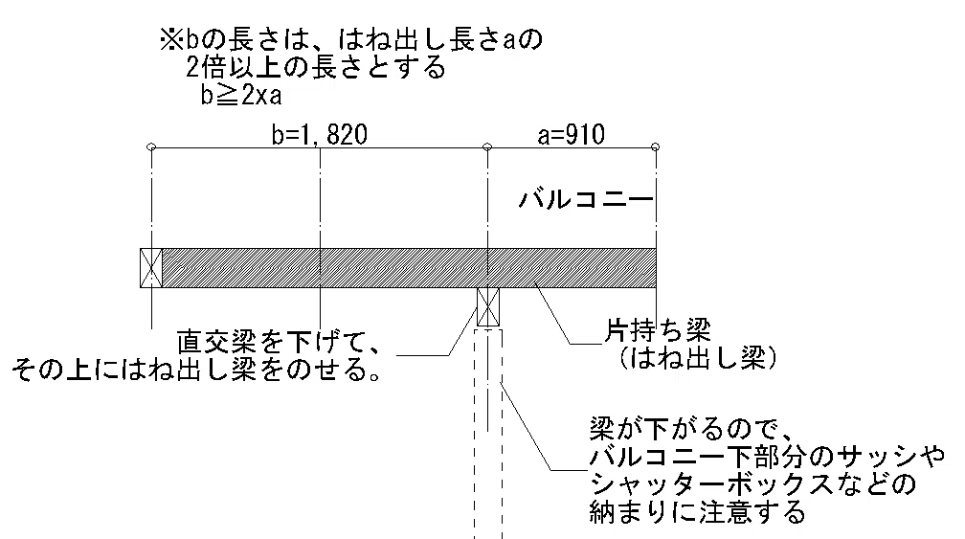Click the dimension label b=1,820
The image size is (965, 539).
pyautogui.click(x=320, y=135)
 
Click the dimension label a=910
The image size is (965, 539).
pyautogui.click(x=572, y=135)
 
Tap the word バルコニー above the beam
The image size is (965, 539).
pyautogui.click(x=585, y=199)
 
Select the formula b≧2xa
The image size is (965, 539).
pyautogui.click(x=241, y=96)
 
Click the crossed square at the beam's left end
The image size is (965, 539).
pyautogui.click(x=151, y=268)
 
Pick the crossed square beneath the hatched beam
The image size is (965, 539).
pyautogui.click(x=488, y=307)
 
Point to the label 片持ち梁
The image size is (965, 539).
pyautogui.click(x=658, y=331)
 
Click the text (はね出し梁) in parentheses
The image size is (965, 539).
pyautogui.click(x=697, y=357)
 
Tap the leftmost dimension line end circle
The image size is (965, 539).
pyautogui.click(x=151, y=147)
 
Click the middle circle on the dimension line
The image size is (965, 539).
pyautogui.click(x=487, y=147)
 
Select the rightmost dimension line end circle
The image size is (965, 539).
pyautogui.click(x=656, y=147)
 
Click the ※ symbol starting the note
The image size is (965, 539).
pyautogui.click(x=169, y=40)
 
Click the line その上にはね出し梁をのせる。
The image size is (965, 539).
pyautogui.click(x=195, y=370)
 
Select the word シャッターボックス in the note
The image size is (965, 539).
pyautogui.click(x=711, y=484)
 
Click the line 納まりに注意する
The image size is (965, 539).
pyautogui.click(x=697, y=512)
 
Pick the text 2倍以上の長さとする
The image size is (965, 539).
pyautogui.click(x=316, y=67)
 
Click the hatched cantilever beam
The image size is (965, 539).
pyautogui.click(x=409, y=268)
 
